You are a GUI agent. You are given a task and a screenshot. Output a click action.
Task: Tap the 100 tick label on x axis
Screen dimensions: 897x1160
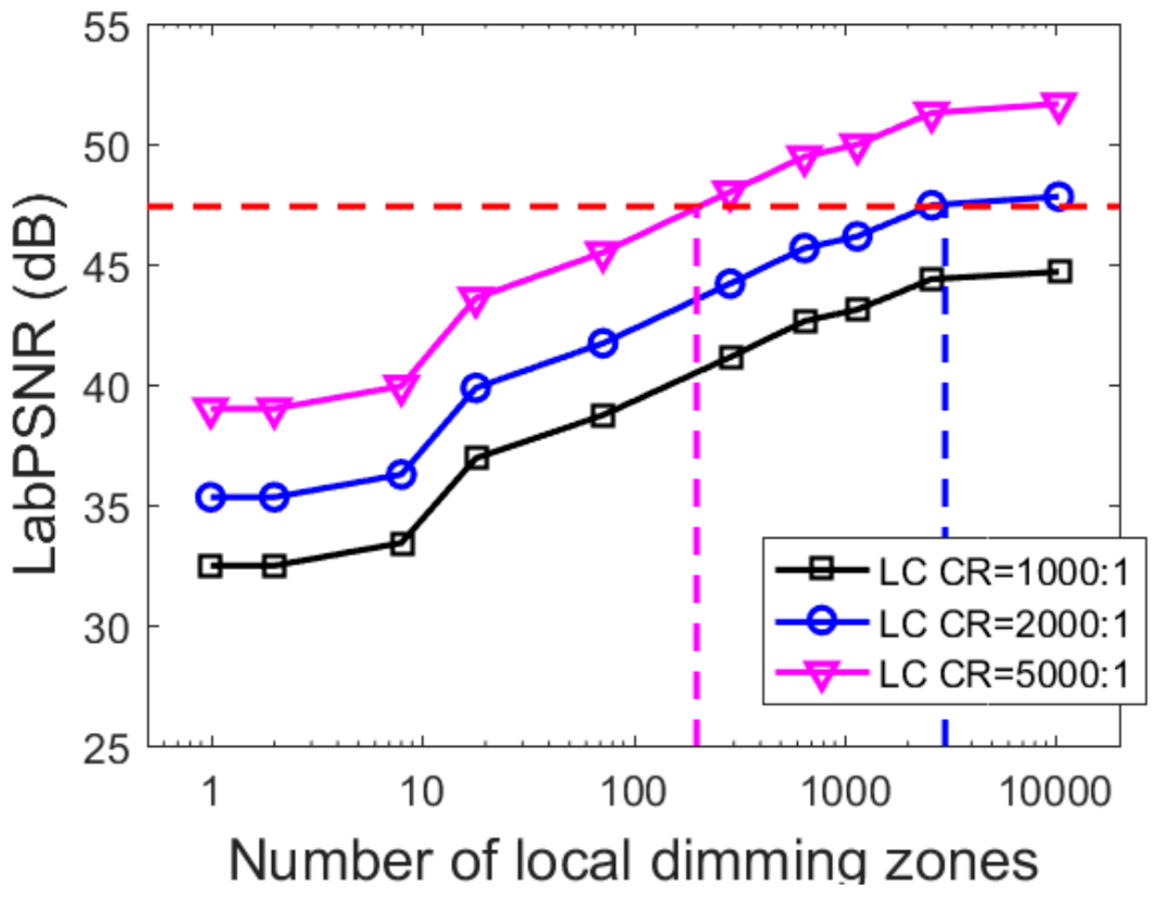(x=634, y=792)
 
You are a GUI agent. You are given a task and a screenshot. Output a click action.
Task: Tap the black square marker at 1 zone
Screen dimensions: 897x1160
(x=211, y=566)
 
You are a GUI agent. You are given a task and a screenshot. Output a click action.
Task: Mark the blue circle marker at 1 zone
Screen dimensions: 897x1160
(x=211, y=497)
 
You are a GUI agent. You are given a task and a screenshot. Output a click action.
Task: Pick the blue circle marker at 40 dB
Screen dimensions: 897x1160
(x=477, y=388)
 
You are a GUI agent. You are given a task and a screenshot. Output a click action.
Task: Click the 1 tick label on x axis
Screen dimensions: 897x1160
(x=210, y=792)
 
